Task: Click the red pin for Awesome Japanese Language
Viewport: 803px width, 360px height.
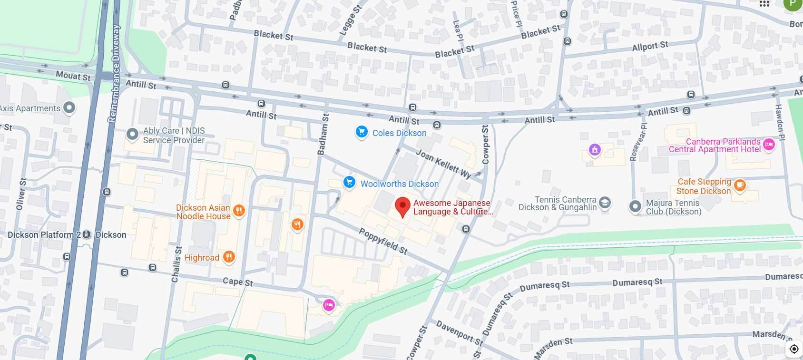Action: (402, 206)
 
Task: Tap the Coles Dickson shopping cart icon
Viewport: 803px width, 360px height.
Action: (362, 132)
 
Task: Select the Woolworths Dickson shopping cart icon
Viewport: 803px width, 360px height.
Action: (350, 182)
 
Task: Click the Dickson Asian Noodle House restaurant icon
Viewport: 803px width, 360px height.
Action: (239, 210)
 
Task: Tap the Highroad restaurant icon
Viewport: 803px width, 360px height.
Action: (229, 257)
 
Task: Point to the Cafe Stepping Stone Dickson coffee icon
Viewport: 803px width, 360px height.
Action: (740, 185)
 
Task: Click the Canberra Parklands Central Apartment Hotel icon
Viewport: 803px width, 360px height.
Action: (769, 144)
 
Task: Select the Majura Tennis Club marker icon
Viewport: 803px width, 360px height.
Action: (635, 206)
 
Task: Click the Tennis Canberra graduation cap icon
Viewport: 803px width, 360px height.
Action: (605, 203)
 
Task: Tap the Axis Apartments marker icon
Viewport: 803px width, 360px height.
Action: (69, 107)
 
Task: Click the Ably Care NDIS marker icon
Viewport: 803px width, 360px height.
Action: (132, 134)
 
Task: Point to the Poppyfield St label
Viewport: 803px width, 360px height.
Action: (383, 241)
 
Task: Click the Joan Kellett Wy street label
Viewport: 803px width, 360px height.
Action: (443, 163)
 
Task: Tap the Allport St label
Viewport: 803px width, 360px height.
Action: (650, 46)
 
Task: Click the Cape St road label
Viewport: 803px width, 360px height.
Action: (238, 282)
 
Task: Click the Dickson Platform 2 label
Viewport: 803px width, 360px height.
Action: (44, 235)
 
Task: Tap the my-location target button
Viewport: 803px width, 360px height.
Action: (793, 349)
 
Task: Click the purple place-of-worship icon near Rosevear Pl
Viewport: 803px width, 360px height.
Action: (595, 150)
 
